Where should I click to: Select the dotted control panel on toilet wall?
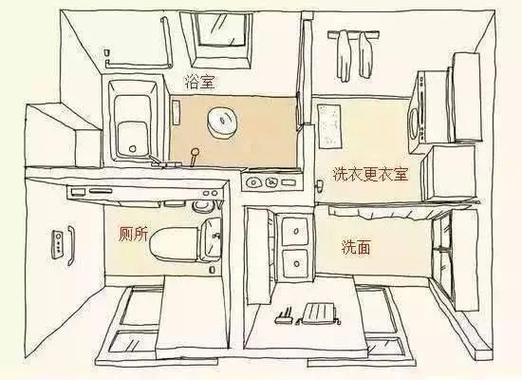61,242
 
